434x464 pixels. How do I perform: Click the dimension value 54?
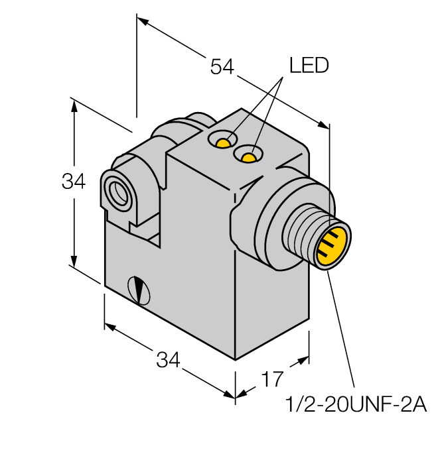(222, 66)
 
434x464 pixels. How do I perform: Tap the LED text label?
(309, 66)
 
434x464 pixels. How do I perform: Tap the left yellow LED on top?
(225, 142)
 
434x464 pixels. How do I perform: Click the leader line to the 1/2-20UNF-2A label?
(342, 331)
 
